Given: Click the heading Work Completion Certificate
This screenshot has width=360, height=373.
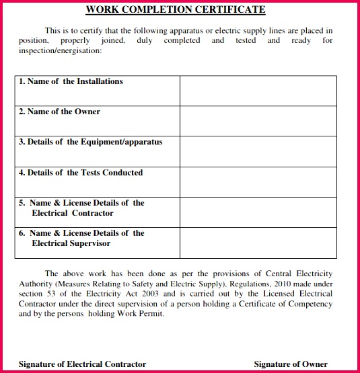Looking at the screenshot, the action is (175, 10).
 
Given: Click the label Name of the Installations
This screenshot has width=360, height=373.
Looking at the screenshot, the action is (71, 81).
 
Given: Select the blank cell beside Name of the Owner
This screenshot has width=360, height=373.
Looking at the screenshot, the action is (258, 121).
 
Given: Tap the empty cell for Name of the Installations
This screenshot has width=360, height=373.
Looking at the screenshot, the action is (258, 91).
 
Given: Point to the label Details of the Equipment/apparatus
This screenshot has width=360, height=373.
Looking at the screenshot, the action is (90, 142).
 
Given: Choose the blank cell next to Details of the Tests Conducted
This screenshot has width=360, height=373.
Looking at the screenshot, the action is (258, 181).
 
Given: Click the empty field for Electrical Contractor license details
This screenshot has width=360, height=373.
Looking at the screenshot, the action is (258, 212).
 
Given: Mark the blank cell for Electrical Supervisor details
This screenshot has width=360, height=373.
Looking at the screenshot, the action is (258, 243).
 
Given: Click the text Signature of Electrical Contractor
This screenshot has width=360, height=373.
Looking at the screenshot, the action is (82, 364).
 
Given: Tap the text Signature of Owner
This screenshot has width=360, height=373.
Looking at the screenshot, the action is (291, 364).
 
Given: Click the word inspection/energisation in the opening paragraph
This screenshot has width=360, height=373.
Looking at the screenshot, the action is (57, 50).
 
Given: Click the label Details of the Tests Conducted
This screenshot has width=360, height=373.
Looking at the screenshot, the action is (81, 173).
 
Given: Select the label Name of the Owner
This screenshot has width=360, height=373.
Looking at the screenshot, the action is (59, 112).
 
